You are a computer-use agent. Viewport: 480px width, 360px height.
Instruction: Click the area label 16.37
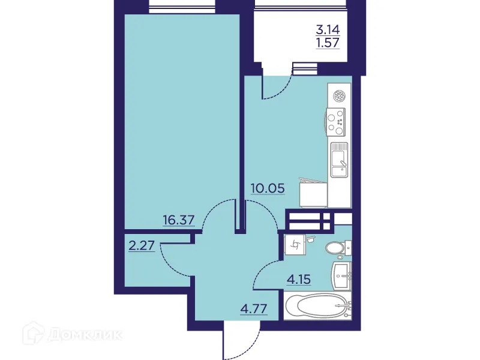tap(179, 220)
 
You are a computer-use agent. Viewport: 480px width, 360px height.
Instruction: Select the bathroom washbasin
tap(343, 275)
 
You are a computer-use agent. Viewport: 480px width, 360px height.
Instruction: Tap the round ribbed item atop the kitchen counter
tap(340, 94)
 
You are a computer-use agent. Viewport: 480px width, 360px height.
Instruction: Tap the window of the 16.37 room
tap(182, 8)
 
